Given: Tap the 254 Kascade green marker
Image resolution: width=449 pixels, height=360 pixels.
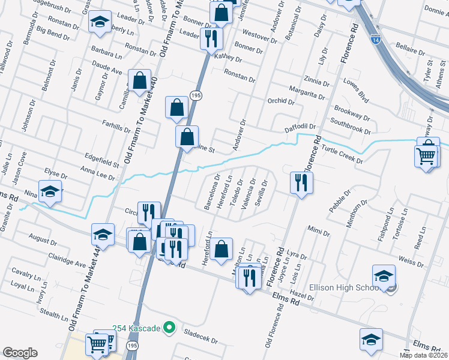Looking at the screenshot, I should [x=170, y=328].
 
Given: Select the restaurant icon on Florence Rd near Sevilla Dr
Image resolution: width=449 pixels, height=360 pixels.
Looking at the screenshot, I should [x=301, y=182].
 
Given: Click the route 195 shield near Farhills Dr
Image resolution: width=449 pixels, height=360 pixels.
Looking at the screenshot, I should [x=196, y=95].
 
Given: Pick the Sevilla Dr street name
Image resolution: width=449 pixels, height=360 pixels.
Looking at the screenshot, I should [x=261, y=193].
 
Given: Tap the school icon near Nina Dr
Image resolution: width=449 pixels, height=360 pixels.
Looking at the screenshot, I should [x=50, y=191].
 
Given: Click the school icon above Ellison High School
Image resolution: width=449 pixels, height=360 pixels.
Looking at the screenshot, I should [x=384, y=275].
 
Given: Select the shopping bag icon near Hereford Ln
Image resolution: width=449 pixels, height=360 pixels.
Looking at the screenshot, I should [x=221, y=248].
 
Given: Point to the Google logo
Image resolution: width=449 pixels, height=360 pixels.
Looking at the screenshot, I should [x=20, y=353].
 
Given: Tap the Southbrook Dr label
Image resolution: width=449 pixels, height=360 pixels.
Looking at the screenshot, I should [x=351, y=127].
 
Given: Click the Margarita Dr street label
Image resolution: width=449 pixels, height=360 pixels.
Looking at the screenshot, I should [x=306, y=92].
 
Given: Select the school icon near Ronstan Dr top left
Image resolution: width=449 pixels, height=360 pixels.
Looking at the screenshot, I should [x=99, y=22].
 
